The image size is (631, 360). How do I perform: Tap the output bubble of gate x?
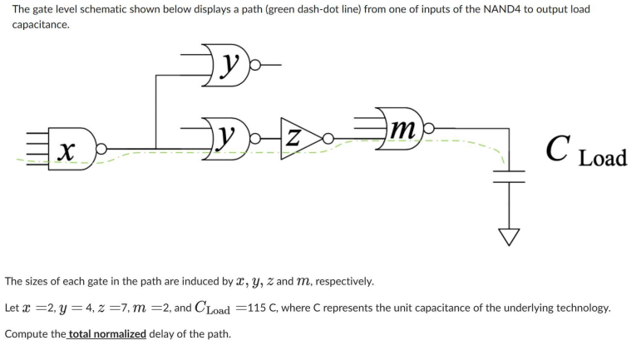101,150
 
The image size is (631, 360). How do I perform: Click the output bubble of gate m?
429,131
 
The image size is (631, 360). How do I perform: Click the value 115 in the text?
252,308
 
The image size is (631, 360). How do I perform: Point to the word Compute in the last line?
26,333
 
